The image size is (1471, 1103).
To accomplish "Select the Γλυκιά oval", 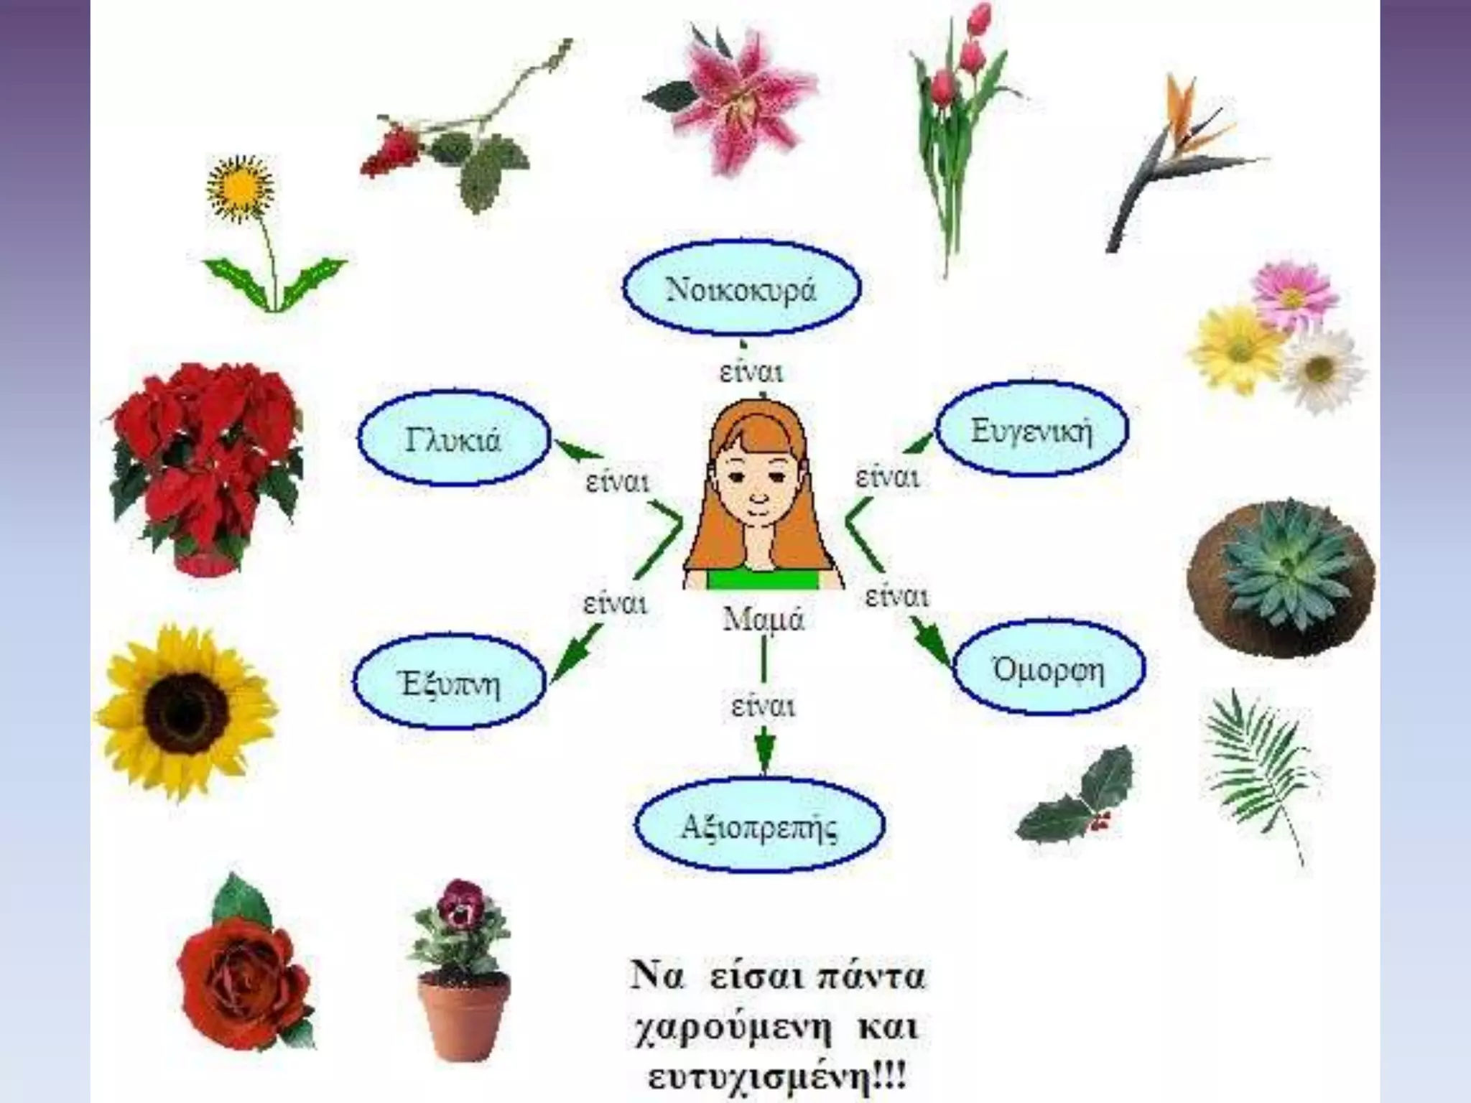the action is (453, 439).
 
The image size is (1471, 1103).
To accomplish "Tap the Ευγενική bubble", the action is (1032, 430).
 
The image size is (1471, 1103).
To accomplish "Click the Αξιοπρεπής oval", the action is (758, 826).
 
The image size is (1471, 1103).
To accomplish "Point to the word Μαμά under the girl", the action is (763, 618).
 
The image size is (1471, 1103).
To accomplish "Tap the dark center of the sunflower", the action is (186, 711).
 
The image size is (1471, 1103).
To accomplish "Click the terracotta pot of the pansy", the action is (464, 1012).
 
